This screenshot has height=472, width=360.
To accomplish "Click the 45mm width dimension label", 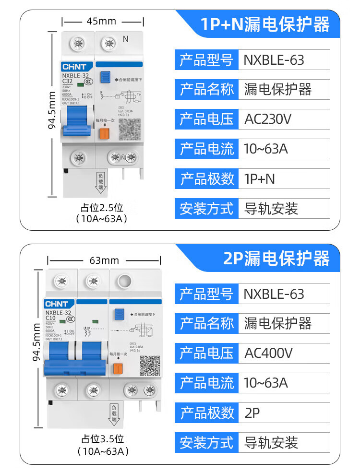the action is pos(101,21).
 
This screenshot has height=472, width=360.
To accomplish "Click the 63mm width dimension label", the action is pos(104,260).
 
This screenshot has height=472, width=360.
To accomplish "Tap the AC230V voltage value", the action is pos(268,119).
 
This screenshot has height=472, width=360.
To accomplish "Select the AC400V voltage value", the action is pos(268,353).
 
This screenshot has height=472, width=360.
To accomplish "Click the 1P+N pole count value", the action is pos(260,178).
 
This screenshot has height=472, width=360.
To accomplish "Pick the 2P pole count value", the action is pos(252,413).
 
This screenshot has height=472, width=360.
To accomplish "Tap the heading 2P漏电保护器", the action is pos(276,259).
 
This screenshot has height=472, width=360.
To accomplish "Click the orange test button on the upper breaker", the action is pos(103,134).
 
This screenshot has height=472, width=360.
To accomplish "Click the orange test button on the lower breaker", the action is pos(116,368).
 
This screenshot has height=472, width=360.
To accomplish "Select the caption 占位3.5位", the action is pos(102,438).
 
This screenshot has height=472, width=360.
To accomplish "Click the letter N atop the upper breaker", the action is pos(126,39).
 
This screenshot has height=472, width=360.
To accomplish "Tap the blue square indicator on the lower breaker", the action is pos(118,314).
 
